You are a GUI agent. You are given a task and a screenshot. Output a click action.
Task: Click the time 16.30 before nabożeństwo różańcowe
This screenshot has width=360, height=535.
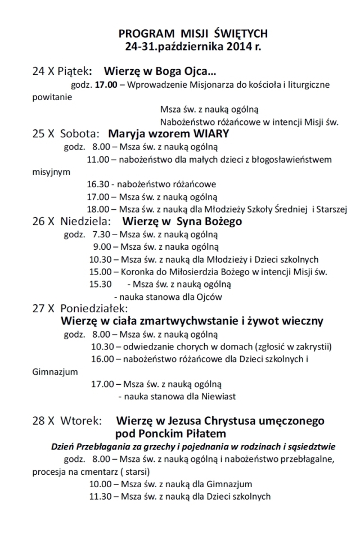[98, 184]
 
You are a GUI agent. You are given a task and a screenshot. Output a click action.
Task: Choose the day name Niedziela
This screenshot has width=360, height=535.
[84, 221]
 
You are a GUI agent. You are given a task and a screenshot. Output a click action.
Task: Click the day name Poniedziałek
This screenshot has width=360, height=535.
[94, 309]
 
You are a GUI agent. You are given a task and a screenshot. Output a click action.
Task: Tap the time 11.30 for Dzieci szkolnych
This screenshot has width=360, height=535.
[101, 496]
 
